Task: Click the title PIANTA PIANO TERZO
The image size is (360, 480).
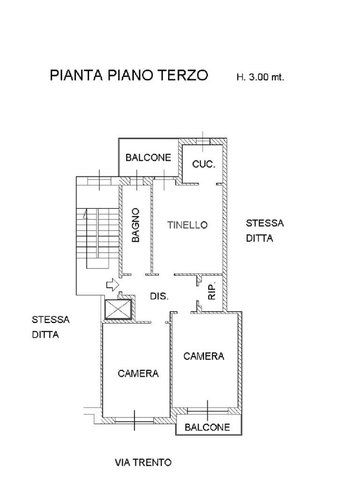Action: [129, 76]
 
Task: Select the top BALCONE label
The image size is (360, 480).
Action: [148, 158]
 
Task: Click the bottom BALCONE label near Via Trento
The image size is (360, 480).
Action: [207, 427]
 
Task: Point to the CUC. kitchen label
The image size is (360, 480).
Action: [204, 165]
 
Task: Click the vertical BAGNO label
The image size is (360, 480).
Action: [136, 225]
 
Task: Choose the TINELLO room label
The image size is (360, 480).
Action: [187, 225]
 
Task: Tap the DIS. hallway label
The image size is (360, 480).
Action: [159, 296]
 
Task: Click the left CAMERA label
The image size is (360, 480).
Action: [138, 374]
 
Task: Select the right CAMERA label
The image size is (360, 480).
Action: [203, 356]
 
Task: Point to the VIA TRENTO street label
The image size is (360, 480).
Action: [143, 463]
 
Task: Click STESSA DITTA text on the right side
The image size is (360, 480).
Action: [265, 231]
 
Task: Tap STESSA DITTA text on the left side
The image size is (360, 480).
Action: [51, 327]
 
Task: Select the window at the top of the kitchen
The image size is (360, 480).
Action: [202, 141]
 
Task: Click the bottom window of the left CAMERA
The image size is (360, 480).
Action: [134, 420]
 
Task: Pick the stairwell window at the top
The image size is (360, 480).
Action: [100, 180]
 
